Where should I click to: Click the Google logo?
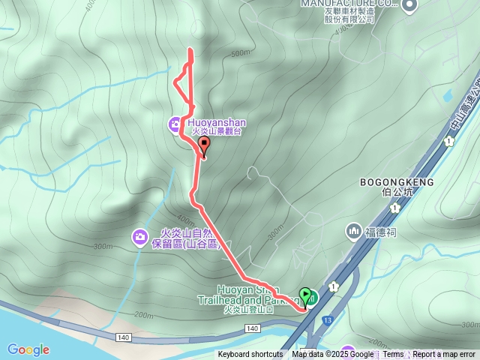tap(28, 349)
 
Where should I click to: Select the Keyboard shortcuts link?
tap(250, 355)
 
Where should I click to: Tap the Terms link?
tap(393, 355)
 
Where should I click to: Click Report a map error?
tap(445, 355)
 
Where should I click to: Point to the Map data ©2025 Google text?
tap(333, 355)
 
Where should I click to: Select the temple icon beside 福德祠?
tap(353, 229)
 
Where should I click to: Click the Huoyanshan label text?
tap(215, 122)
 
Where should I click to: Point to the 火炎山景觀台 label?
tap(219, 132)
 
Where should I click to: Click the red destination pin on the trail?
tap(203, 147)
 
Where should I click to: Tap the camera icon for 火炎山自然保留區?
tap(139, 238)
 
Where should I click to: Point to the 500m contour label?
tap(240, 53)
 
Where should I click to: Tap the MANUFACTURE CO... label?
tap(349, 3)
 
